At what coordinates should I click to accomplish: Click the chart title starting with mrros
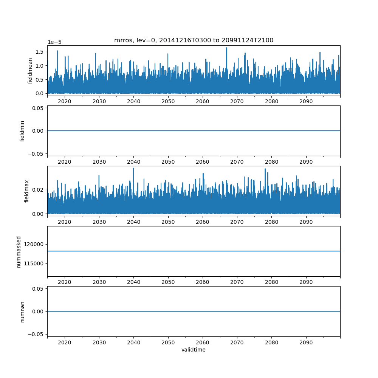[194, 40]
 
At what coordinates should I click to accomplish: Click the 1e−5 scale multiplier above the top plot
[54, 42]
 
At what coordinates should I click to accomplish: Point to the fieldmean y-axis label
[29, 71]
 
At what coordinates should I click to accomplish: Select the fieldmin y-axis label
[22, 131]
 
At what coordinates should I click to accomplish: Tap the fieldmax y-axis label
[26, 191]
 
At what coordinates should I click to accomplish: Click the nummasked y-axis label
[19, 252]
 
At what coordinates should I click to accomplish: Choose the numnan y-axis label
[22, 312]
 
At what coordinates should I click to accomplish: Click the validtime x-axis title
[194, 350]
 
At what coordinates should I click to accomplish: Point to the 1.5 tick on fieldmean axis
[40, 52]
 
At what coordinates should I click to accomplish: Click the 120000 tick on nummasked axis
[34, 245]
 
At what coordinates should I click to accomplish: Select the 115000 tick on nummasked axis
[34, 264]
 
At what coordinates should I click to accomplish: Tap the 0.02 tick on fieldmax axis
[38, 190]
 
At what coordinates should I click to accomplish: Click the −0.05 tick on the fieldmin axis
[36, 154]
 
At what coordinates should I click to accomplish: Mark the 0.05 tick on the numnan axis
[38, 289]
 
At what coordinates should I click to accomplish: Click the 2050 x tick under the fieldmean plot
[168, 101]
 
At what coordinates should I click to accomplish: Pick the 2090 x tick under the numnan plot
[306, 342]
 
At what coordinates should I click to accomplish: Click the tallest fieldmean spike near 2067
[226, 48]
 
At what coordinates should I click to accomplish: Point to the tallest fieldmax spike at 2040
[133, 168]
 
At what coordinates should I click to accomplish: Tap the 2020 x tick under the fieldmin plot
[65, 162]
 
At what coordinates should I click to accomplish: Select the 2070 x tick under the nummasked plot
[237, 282]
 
